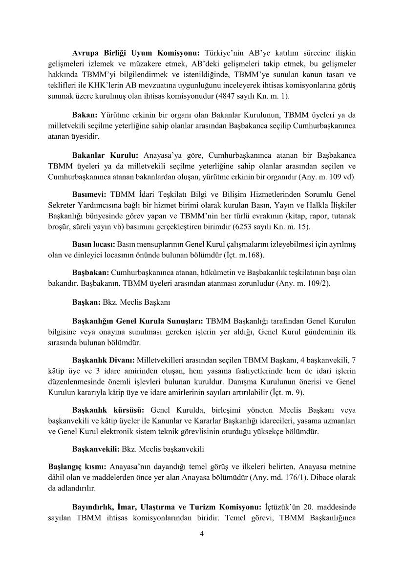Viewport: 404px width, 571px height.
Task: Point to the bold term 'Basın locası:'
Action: point(93,243)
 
